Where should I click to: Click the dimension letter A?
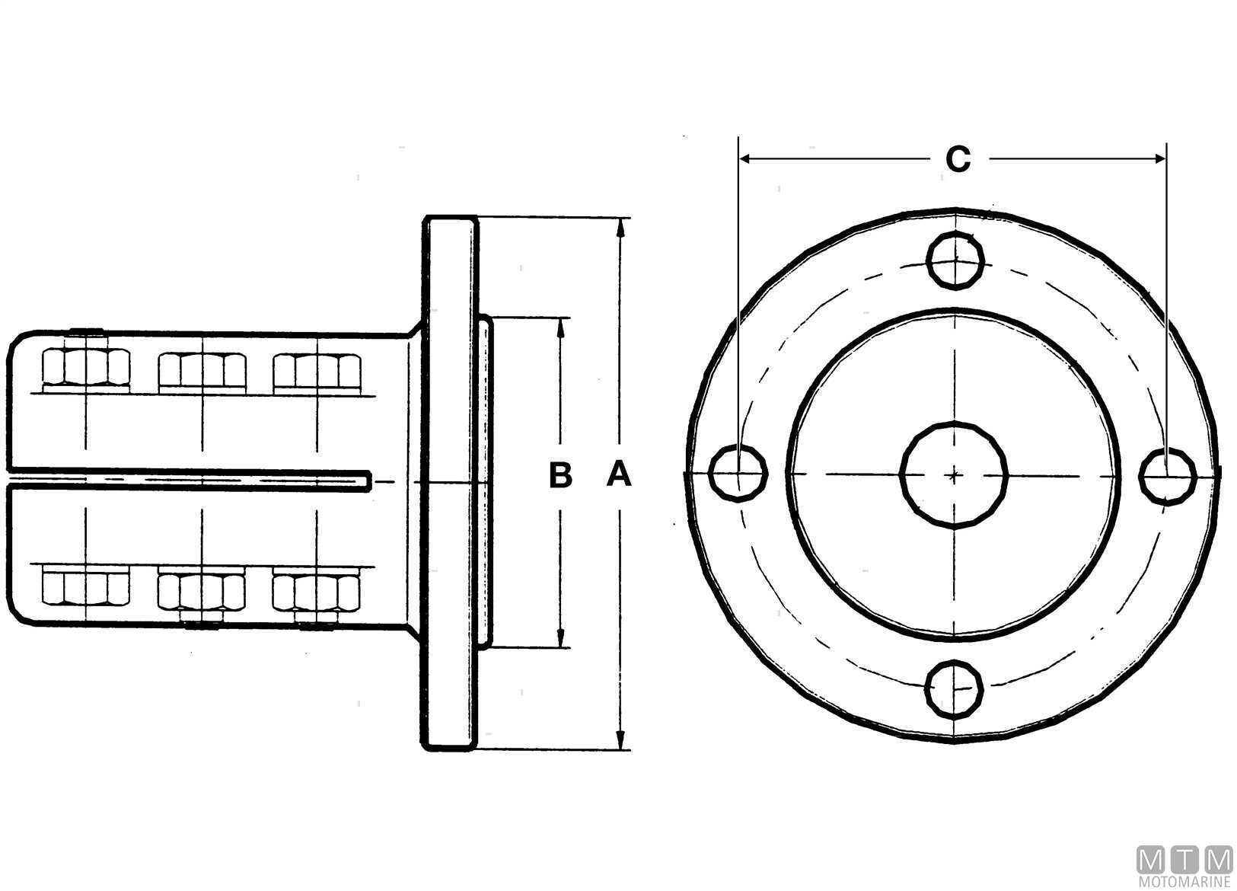pos(619,475)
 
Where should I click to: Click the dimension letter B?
pos(560,475)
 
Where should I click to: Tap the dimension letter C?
pos(958,159)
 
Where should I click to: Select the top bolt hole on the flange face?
pos(955,260)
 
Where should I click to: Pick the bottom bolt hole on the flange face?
pos(955,689)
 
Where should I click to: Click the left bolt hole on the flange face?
pos(738,474)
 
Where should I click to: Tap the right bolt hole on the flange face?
pos(1168,477)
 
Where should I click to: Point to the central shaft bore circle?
pos(954,475)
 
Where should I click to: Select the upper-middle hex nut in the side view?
pos(202,370)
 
